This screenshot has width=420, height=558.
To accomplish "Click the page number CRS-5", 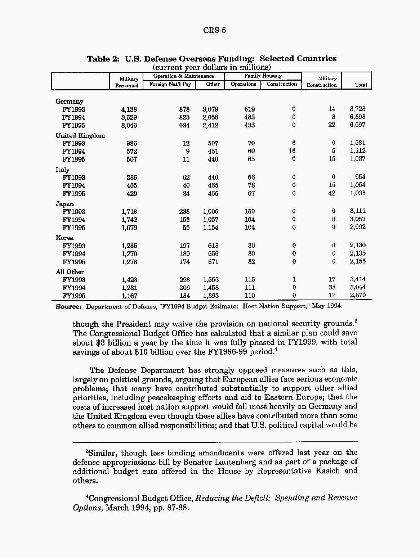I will coord(214,30).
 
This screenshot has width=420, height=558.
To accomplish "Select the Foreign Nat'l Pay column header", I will coord(170,84).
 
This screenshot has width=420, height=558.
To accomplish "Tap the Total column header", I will coord(361,85).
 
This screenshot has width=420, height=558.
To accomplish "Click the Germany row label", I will coord(69,102).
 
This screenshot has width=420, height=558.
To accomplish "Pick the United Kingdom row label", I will coord(80,136).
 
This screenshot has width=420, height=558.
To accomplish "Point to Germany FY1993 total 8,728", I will coord(357,109).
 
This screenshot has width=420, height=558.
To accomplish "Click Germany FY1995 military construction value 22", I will coord(332,125).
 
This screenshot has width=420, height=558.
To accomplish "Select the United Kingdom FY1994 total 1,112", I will coord(357,151).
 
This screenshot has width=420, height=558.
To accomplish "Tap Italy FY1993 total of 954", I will coord(360,177).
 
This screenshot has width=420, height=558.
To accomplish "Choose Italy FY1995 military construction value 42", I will coord(332,193).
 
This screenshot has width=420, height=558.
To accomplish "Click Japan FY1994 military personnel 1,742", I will coord(129,220).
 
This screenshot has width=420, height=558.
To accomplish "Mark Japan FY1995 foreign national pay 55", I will coord(186,228).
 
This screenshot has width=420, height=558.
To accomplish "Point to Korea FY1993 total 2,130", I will coord(357,245).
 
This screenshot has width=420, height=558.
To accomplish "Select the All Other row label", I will coord(70,272).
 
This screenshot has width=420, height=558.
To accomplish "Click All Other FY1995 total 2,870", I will coord(357,295).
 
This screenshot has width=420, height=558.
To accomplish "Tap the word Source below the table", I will coord(68,307).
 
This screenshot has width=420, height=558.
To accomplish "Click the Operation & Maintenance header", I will coord(183,76).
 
